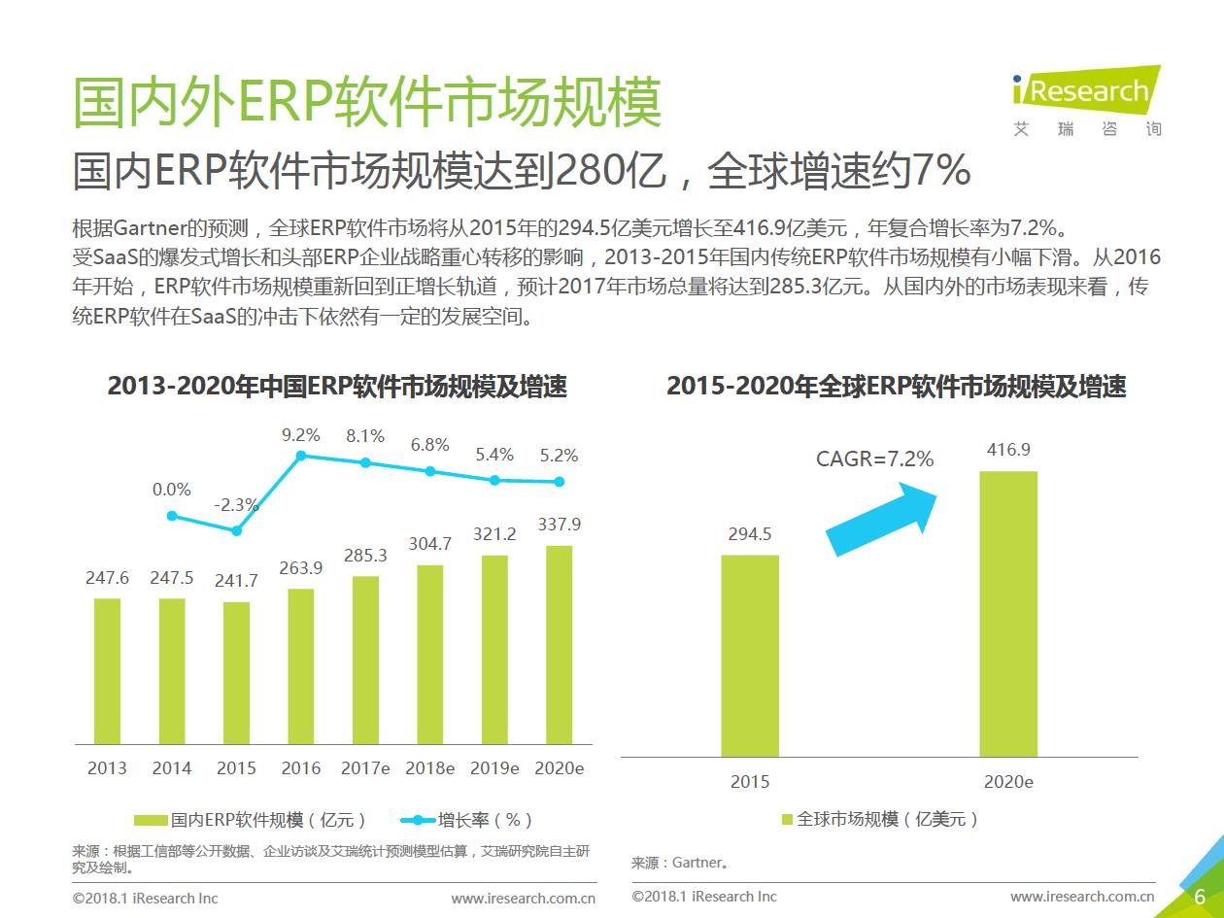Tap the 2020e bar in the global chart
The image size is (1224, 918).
point(1008,613)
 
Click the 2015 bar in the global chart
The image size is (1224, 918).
point(750,655)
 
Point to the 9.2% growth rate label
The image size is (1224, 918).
point(301,435)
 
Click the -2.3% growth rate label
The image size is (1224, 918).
point(236,505)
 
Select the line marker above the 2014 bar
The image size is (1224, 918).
point(172,516)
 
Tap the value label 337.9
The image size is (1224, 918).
point(560,525)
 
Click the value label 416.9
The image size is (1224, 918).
point(1008,450)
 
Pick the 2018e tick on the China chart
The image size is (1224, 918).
point(430,767)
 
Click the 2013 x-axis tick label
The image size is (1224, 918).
point(107,767)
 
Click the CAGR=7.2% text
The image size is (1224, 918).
point(874,459)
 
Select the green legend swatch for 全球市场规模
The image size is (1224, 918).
point(788,820)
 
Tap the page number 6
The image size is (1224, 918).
point(1200,897)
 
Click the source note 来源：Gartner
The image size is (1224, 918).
point(680,862)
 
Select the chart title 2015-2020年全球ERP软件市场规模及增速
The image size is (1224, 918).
point(896,387)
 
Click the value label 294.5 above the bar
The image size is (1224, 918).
point(750,534)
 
